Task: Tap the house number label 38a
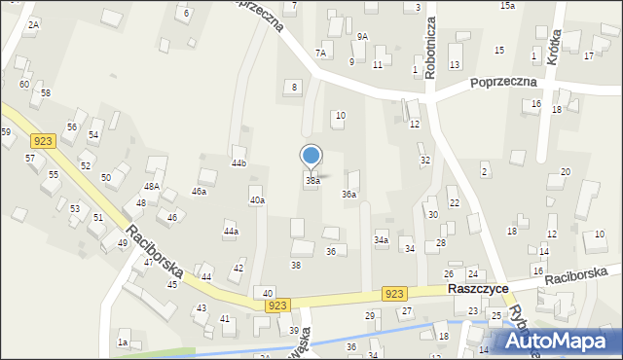point(312,181)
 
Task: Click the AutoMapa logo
point(558,341)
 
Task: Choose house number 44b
point(238,163)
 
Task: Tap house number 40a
point(257,200)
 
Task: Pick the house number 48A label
point(152,186)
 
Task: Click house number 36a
point(348,195)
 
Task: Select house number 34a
point(382,239)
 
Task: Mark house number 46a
point(199,192)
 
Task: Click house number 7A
point(320,53)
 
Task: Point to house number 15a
point(507,6)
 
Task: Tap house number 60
point(23,85)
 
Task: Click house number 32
point(424,160)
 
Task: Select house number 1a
point(123,342)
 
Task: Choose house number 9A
point(362,36)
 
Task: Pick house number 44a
point(231,232)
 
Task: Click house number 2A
point(33,24)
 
